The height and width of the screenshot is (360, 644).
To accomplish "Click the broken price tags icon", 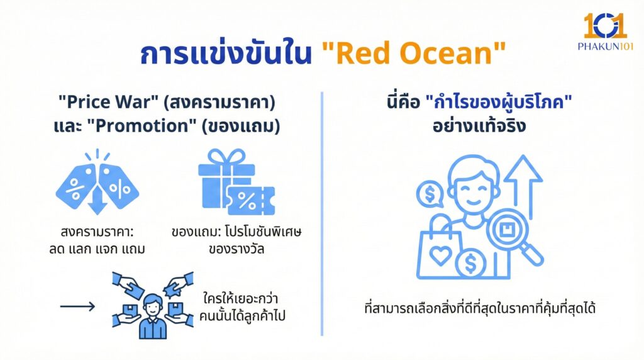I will (97, 182).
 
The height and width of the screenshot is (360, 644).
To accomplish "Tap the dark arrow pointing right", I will (77, 307).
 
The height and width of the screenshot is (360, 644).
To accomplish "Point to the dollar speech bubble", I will (430, 195).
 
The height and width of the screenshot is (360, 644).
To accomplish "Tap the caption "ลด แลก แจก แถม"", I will (97, 249).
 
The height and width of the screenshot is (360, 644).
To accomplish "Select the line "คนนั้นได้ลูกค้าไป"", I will (245, 317).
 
